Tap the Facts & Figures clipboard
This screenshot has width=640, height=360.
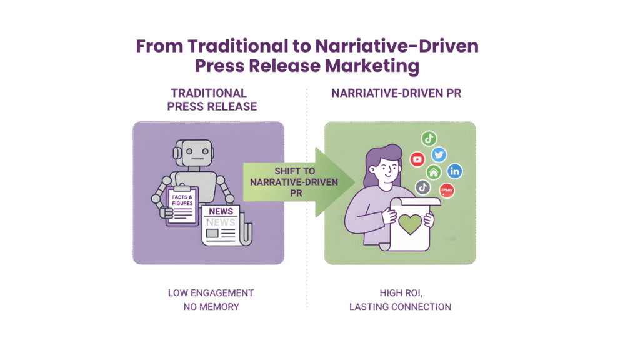click(182, 206)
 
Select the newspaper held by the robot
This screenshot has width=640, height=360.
click(223, 225)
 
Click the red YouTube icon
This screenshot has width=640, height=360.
click(417, 159)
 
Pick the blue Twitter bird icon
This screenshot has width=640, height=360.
click(439, 154)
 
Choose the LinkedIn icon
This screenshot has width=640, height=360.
click(455, 171)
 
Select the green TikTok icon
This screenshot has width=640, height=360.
click(429, 139)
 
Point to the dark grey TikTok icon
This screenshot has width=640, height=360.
click(423, 187)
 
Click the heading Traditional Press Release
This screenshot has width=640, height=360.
click(212, 99)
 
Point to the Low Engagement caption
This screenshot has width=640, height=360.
click(211, 292)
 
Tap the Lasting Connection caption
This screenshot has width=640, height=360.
click(401, 307)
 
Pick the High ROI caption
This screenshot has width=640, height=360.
click(400, 292)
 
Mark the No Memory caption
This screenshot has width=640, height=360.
click(211, 307)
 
